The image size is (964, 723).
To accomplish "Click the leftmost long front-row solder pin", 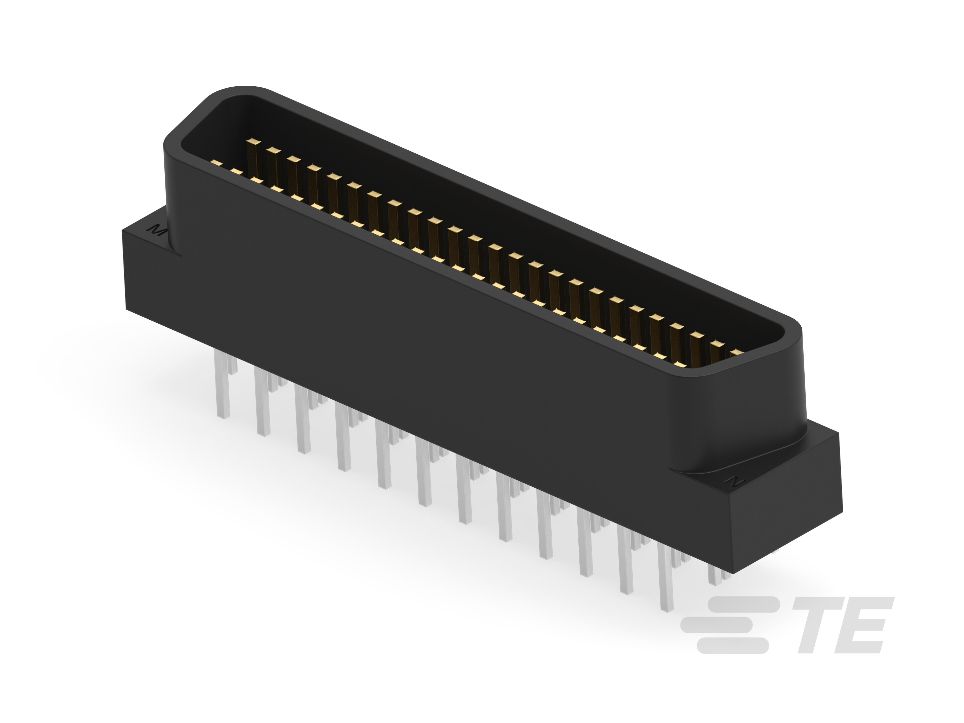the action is click(222, 384).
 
